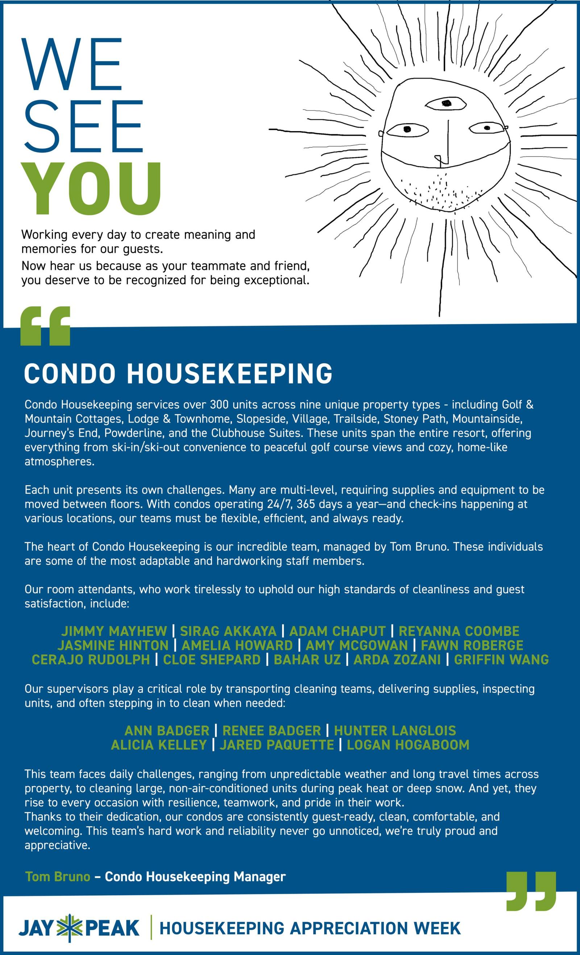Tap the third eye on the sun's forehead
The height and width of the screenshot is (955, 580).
446,103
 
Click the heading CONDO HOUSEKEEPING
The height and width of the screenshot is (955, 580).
178,373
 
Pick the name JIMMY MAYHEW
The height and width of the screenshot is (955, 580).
114,631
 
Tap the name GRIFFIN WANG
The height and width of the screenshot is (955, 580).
501,659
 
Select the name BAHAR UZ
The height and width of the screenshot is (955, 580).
307,659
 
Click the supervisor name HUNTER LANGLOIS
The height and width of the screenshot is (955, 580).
395,731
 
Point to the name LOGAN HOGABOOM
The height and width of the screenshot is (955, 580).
408,744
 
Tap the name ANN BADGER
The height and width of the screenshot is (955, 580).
167,731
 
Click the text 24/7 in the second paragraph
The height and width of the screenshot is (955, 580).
279,504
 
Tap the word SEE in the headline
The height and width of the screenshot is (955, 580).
83,126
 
